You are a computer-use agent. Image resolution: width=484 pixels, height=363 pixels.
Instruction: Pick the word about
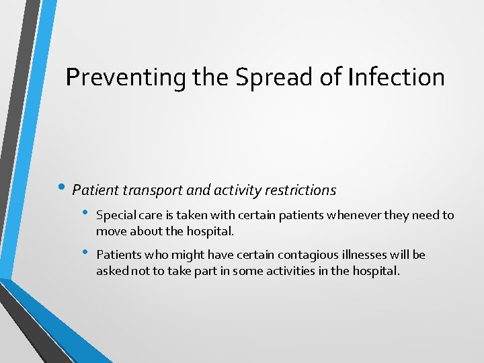pyautogui.click(x=145, y=232)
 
